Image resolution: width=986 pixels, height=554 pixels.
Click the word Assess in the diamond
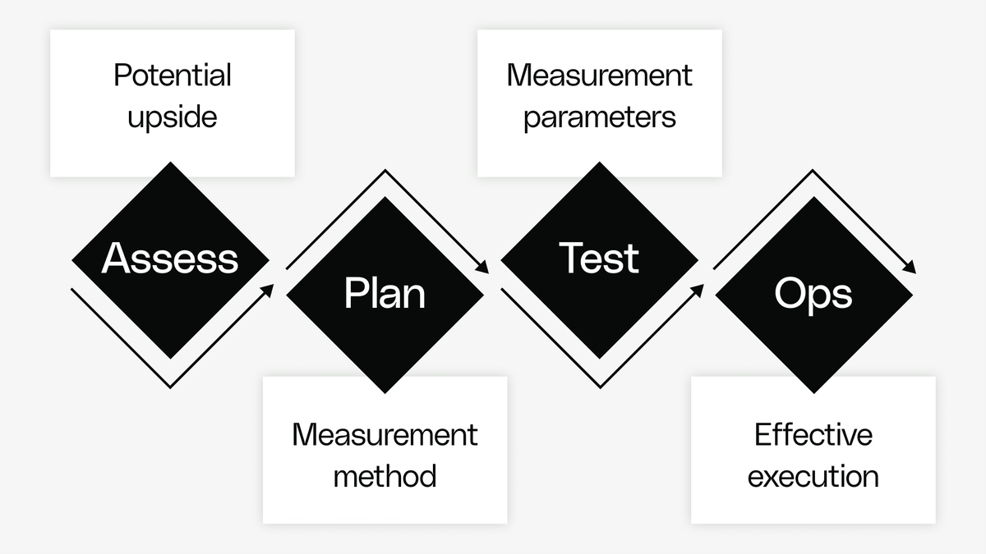170,259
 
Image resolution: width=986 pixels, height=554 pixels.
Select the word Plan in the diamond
385,294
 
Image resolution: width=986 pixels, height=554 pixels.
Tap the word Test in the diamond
599,259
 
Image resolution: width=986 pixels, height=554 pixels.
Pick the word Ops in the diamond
813,294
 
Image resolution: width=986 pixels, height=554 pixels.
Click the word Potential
173,76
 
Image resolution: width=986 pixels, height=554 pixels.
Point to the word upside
173,116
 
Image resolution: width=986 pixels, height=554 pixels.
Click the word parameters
599,117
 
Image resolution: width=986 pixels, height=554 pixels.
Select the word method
385,475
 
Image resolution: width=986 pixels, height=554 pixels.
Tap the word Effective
813,434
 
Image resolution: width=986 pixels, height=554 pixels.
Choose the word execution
813,475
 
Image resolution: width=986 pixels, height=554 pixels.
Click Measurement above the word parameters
599,76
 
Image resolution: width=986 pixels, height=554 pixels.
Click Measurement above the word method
385,434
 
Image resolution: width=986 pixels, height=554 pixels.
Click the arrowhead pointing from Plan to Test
484,268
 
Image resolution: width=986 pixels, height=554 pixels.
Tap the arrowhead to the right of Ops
911,268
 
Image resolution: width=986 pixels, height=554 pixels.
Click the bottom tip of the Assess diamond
170,358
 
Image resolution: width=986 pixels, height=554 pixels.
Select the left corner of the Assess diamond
73,260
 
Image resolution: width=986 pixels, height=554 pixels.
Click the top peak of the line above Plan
385,171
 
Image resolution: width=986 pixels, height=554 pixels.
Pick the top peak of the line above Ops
813,171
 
